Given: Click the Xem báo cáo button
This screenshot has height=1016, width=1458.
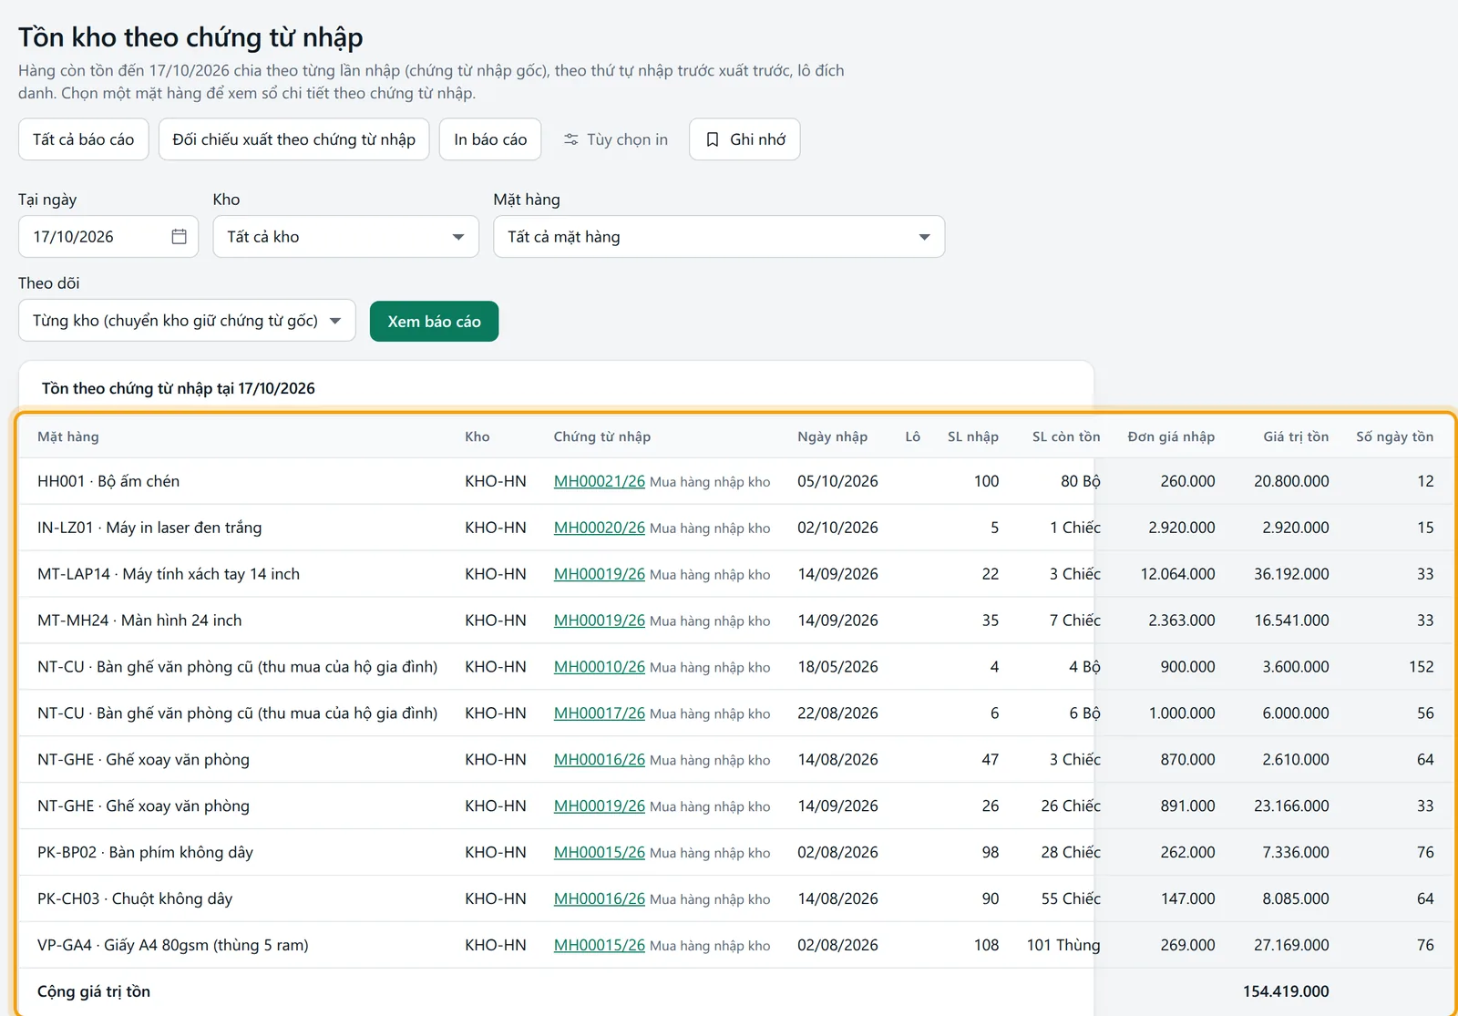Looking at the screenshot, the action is pos(434,321).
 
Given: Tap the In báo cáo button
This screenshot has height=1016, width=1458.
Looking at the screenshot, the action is pos(490,139).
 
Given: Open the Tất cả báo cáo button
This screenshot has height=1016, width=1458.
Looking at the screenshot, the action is pos(83,139).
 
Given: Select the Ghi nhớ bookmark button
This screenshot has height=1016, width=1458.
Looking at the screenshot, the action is pos(744,139).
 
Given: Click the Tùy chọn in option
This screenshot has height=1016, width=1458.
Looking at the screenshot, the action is pos(616,139).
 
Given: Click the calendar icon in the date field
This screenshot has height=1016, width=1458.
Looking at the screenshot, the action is pos(179,236).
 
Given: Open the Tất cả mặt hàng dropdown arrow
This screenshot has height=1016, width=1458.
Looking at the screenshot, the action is pos(924,237).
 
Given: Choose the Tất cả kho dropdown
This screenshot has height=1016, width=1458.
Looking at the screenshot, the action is pos(345,236).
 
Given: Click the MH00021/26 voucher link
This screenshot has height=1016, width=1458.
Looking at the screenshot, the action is pos(599,481).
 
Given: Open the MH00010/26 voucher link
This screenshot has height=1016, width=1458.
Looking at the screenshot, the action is pos(599,666).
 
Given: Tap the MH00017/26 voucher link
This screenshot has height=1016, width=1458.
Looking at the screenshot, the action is pos(599,713).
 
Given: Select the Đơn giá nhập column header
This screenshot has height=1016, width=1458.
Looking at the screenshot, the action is pos(1171,436).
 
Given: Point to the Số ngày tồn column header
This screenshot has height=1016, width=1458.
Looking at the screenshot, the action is pos(1394,436).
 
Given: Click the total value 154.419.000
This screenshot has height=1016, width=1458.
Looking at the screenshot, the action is pos(1286,990).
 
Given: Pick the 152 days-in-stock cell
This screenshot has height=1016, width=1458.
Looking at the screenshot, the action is pos(1421,666).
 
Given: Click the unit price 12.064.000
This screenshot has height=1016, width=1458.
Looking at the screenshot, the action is pos(1177,573).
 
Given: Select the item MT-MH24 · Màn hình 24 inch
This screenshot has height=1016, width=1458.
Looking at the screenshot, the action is pos(139,620).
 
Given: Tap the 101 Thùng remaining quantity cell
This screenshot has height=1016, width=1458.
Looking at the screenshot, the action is pos(1063,944).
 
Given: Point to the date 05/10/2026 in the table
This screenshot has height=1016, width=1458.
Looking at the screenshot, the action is pos(837,481).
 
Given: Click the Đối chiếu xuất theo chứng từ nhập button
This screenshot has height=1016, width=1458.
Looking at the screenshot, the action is pos(293,139).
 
